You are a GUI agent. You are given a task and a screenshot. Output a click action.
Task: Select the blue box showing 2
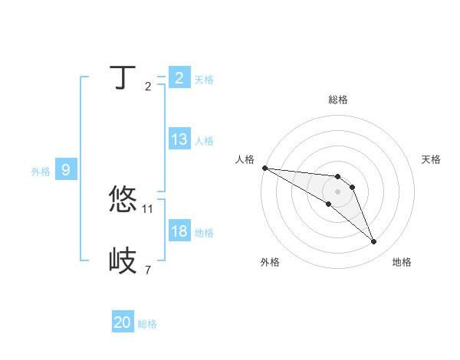click(179, 78)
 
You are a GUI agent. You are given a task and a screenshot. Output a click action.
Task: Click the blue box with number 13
click(179, 139)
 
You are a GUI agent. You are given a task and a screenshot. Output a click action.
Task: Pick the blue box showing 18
click(179, 231)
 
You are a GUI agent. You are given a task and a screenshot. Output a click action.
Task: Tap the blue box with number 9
click(66, 170)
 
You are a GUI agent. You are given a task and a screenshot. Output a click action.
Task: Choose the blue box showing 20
click(123, 323)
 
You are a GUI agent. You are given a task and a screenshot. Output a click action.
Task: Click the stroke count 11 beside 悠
click(148, 208)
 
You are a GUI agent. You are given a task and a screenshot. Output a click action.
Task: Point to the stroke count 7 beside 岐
click(148, 270)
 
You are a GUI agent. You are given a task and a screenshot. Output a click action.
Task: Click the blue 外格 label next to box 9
click(41, 172)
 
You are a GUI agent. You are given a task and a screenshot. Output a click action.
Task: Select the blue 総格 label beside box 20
click(148, 324)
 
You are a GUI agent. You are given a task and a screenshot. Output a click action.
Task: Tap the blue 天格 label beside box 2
click(204, 80)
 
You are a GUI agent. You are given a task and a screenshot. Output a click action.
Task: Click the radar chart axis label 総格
click(338, 100)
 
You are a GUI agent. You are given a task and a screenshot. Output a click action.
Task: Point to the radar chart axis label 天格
click(431, 159)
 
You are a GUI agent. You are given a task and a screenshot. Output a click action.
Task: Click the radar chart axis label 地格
click(402, 262)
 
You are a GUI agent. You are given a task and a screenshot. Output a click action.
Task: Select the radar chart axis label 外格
click(270, 262)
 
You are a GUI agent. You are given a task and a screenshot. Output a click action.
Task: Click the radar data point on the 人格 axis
click(264, 168)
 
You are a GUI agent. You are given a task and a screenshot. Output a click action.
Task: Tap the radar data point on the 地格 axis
click(374, 242)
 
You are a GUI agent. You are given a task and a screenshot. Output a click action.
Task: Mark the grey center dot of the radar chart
click(338, 191)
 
